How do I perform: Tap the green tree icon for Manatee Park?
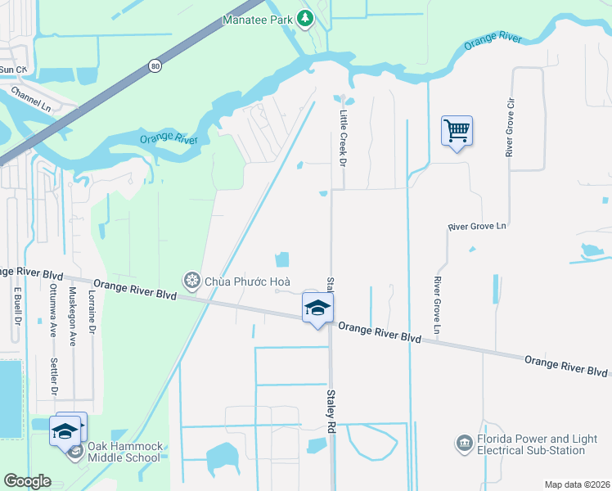click(305, 17)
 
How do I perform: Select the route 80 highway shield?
click(154, 65)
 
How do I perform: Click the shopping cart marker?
click(457, 131)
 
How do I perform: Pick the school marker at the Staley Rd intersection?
click(317, 309)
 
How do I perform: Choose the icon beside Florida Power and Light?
click(464, 444)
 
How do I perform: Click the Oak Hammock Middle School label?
click(124, 452)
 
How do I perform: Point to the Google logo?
click(27, 481)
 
